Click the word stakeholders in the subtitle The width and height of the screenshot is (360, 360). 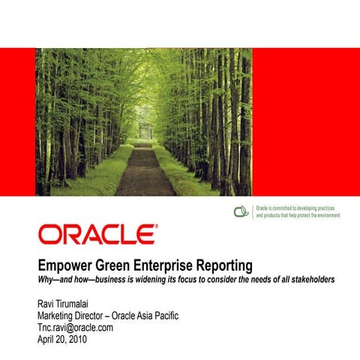point(309,280)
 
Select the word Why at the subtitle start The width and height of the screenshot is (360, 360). point(46,280)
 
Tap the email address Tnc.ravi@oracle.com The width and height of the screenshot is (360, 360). point(75,327)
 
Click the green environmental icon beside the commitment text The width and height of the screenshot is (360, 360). point(241,211)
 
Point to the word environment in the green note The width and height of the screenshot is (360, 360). point(324,215)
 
